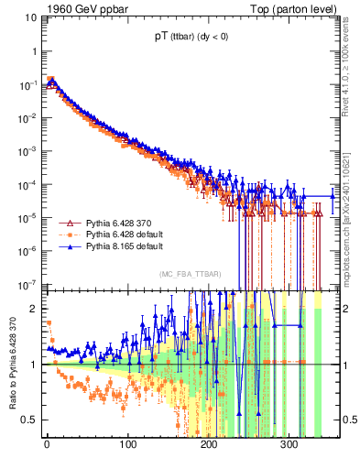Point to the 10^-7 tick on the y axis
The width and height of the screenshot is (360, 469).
point(27,284)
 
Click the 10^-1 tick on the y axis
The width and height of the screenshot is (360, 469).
point(27,85)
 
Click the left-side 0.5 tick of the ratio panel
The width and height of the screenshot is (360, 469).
point(28,420)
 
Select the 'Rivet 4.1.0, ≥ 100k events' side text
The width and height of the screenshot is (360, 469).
point(352,73)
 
